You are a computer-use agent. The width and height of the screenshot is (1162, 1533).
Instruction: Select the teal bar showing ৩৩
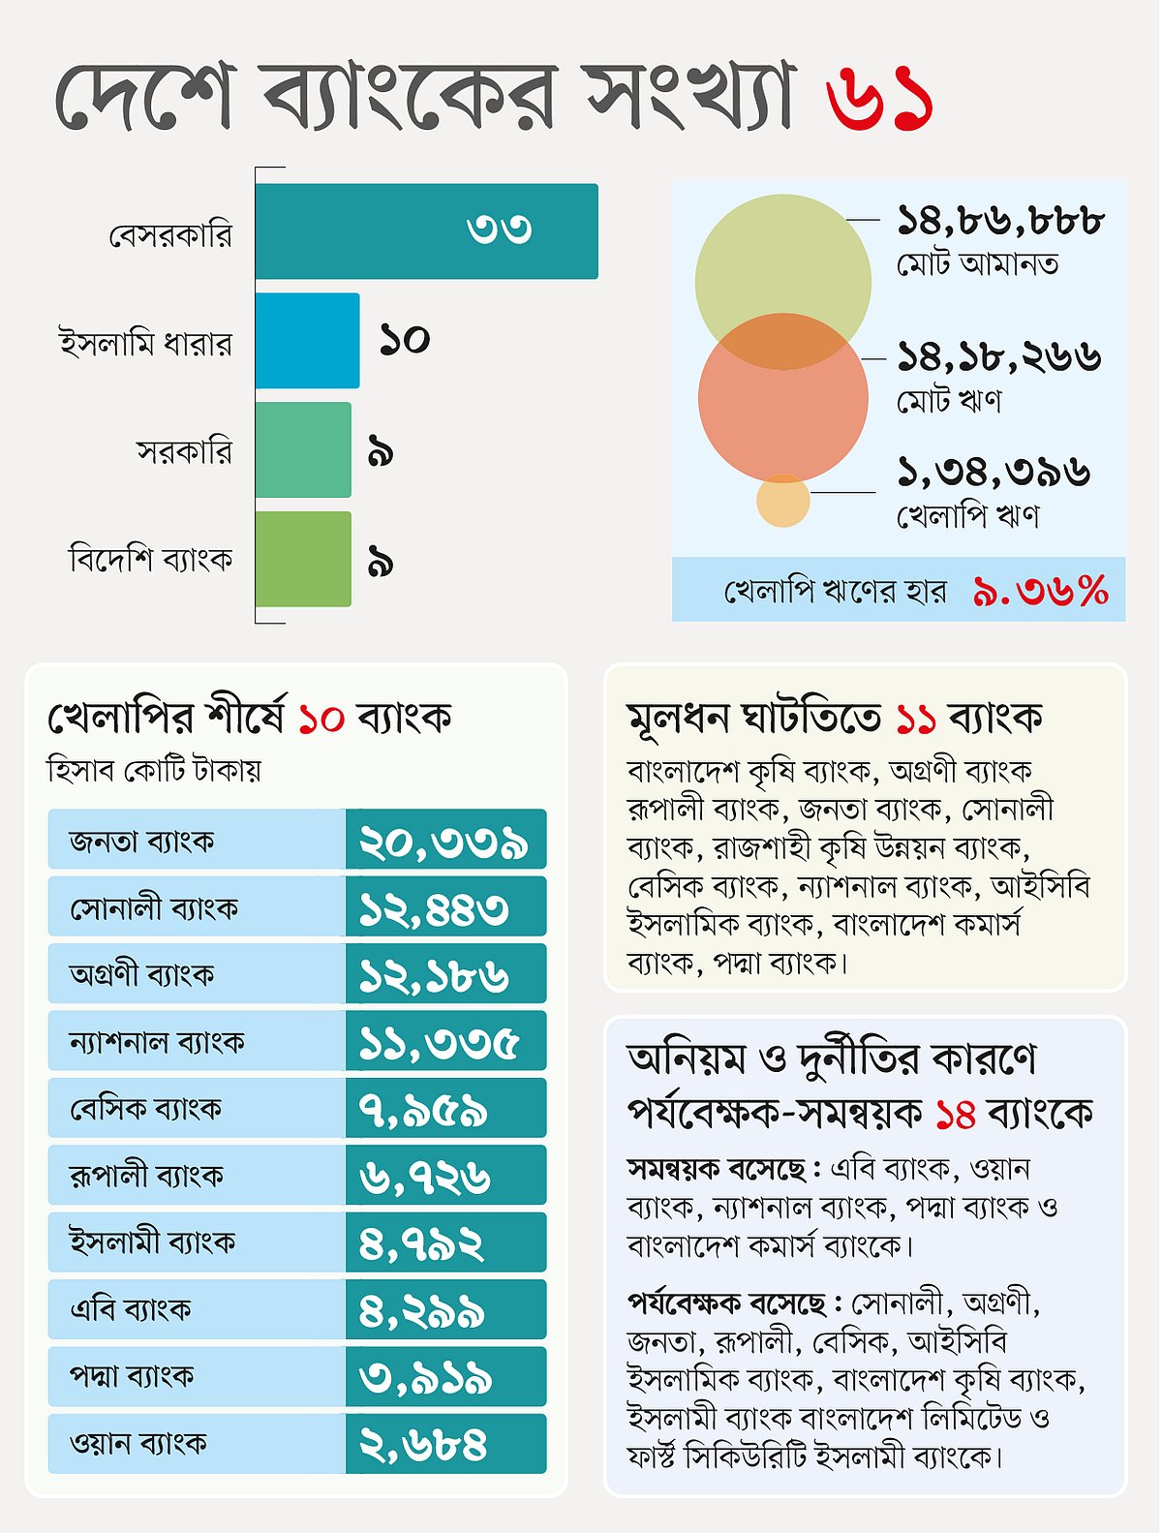[426, 230]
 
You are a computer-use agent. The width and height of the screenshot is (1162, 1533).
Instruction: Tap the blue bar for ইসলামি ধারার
[307, 341]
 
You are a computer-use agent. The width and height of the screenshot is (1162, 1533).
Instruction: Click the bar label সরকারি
[184, 452]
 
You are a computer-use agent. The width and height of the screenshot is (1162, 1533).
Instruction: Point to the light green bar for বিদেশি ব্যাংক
[303, 560]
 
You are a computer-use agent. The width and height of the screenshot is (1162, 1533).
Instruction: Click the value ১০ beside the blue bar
[404, 339]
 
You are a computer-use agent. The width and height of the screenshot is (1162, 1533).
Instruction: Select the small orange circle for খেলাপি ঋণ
[782, 501]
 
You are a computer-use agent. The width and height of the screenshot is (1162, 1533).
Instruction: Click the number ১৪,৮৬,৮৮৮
[1000, 222]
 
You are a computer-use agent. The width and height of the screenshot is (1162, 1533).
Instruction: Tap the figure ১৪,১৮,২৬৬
[998, 357]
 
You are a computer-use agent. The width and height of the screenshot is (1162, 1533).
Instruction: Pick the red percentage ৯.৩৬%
[1040, 590]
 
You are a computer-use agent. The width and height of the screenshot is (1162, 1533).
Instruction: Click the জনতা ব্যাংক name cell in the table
[142, 840]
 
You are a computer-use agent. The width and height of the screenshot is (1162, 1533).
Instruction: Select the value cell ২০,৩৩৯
[444, 841]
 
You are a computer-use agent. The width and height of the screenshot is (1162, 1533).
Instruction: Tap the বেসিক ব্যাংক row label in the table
[145, 1108]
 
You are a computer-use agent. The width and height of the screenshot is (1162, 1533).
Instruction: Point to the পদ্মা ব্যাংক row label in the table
[132, 1376]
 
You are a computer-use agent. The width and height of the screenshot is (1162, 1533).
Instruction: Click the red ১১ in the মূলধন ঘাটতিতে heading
[915, 719]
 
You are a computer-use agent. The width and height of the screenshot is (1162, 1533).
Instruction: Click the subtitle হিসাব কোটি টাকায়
[154, 771]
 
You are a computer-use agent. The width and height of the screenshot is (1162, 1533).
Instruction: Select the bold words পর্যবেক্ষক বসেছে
[727, 1303]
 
